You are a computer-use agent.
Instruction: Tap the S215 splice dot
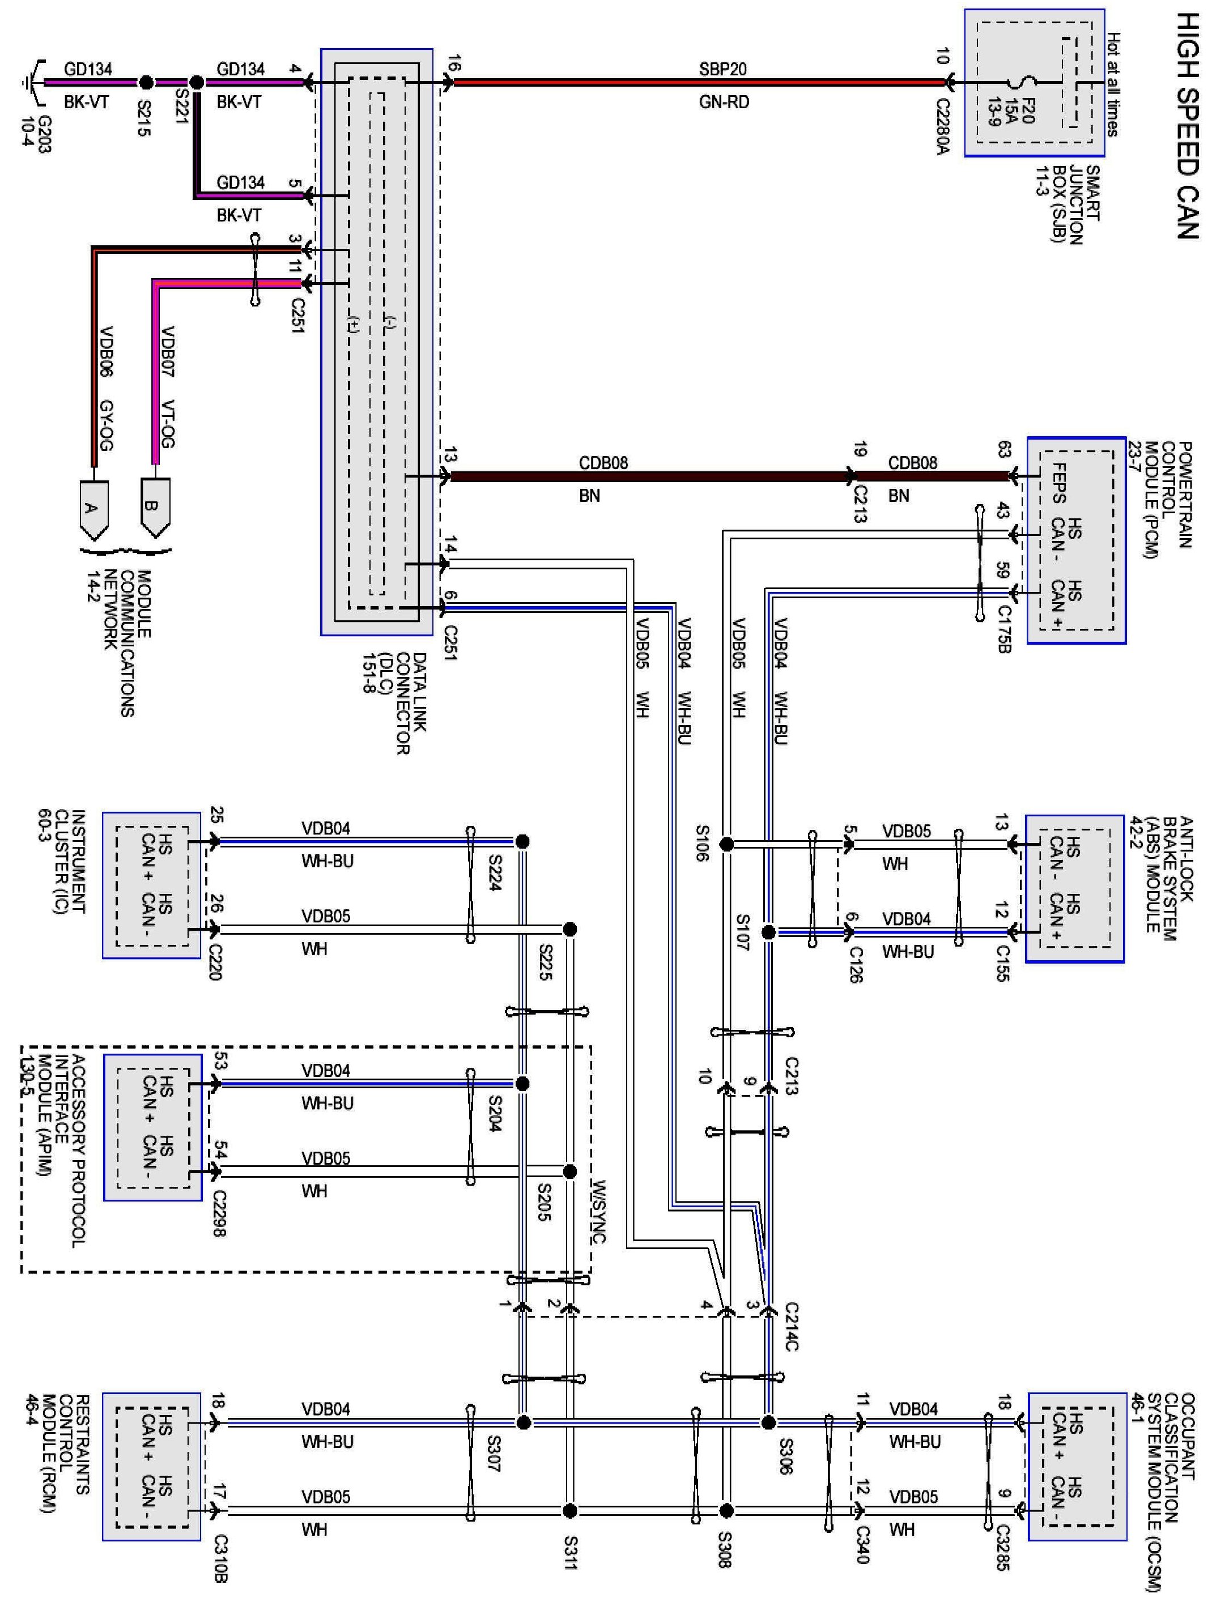point(146,82)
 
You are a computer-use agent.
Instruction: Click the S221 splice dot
point(196,82)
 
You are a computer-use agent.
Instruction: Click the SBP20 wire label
point(722,69)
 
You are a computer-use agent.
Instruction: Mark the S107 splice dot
point(769,931)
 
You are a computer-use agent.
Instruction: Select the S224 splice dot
point(521,841)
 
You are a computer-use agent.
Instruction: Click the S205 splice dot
point(570,1171)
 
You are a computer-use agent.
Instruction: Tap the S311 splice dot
point(570,1511)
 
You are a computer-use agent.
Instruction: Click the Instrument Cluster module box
point(151,885)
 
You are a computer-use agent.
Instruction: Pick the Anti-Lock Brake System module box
point(1075,889)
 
